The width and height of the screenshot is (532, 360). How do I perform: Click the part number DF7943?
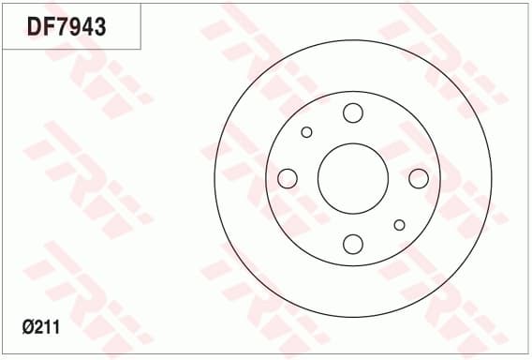pos(66,26)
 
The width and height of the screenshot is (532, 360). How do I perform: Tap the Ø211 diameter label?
pos(41,327)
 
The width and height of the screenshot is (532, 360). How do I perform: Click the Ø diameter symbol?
pos(28,327)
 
